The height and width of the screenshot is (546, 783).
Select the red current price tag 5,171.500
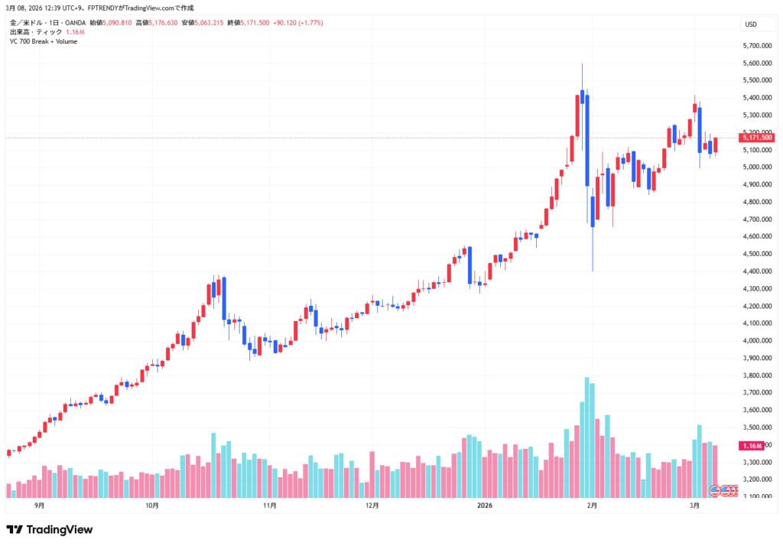pos(757,138)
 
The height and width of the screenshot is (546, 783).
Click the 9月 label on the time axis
pos(40,505)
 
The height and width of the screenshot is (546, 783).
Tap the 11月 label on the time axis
pos(269,505)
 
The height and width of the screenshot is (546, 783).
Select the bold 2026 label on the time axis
pos(485,505)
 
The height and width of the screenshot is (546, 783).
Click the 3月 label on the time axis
pos(694,505)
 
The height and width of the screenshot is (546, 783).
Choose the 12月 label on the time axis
pos(373,505)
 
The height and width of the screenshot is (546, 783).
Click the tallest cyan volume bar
pos(586,436)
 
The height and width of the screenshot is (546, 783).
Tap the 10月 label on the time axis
pos(152,505)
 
